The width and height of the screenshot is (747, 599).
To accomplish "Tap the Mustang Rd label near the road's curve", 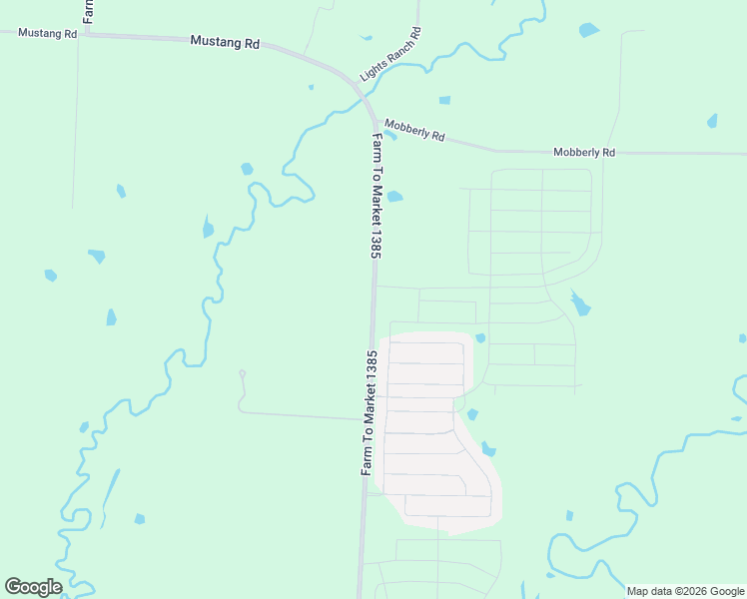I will [225, 43].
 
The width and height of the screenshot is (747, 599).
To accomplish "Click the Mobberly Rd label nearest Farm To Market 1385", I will [414, 130].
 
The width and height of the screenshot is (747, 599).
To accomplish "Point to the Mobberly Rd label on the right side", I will [584, 153].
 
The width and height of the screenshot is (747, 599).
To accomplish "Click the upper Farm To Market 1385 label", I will [377, 197].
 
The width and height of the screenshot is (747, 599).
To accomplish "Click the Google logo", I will [33, 587].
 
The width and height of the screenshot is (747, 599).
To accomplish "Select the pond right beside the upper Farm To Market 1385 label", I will [394, 196].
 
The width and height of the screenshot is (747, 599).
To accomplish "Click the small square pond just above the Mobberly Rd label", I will [444, 100].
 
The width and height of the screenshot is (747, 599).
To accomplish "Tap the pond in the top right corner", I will [588, 30].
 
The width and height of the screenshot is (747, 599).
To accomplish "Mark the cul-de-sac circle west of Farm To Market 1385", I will [242, 373].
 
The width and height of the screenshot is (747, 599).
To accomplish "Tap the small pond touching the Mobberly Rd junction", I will [389, 135].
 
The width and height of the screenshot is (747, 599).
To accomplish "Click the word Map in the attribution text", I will [637, 591].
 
